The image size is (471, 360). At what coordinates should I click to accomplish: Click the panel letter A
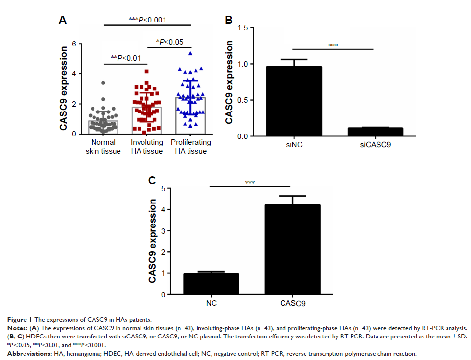click(x=62, y=20)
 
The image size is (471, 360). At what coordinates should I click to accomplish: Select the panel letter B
click(x=228, y=20)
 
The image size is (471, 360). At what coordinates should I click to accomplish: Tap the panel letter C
click(x=152, y=180)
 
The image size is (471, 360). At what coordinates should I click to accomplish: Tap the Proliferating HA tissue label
click(x=191, y=147)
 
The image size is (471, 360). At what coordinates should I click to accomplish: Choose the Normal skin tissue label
click(x=103, y=147)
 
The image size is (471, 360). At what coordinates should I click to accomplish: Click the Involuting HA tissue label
click(x=147, y=147)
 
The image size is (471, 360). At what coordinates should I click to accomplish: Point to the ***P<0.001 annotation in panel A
click(x=147, y=20)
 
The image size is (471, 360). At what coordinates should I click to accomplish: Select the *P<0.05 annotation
click(x=169, y=42)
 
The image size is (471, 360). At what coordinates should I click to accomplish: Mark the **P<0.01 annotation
click(x=126, y=58)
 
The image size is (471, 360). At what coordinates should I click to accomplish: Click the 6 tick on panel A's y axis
click(x=75, y=44)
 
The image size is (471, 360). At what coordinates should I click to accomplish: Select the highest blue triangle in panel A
click(x=190, y=53)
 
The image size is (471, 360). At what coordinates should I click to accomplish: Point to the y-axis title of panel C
click(x=154, y=241)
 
